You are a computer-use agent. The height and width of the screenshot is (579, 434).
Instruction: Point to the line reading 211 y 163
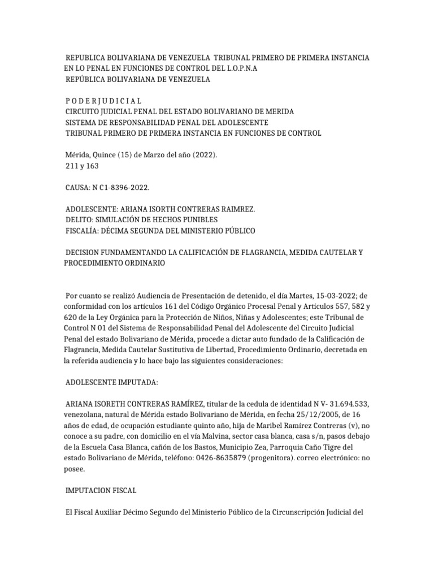(x=83, y=166)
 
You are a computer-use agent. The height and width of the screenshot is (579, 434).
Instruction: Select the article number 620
(x=71, y=317)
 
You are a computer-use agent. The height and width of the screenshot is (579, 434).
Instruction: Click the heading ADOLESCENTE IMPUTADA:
(x=112, y=382)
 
